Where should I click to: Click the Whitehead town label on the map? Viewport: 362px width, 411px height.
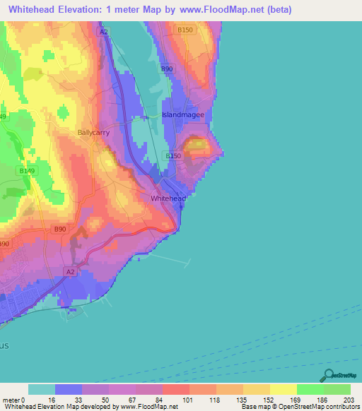click(x=168, y=198)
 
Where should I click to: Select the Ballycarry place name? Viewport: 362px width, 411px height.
click(x=93, y=132)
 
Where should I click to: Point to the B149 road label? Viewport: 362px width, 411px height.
click(x=27, y=171)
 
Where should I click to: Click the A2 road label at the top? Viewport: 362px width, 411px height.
click(x=104, y=32)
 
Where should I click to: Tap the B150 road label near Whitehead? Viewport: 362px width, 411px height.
click(x=173, y=156)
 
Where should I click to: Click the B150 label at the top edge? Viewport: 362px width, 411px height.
click(x=185, y=30)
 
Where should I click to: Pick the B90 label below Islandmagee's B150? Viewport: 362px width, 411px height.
click(x=167, y=68)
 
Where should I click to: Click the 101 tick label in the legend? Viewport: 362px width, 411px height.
click(x=189, y=400)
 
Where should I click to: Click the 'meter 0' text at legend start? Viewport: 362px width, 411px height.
click(x=13, y=400)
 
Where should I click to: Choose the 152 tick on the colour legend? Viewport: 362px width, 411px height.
click(x=269, y=400)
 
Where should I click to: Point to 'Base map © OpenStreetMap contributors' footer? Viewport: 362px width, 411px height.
click(x=300, y=407)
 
